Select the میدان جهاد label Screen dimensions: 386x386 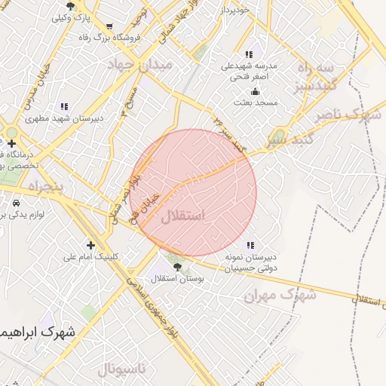(141, 65)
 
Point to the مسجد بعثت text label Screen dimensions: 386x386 (256, 102)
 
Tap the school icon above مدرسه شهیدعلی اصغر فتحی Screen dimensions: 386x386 (249, 54)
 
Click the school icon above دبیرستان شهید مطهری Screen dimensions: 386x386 (64, 106)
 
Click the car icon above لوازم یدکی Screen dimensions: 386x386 (17, 203)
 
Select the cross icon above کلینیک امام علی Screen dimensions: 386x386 (91, 244)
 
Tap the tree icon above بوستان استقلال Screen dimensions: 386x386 (177, 266)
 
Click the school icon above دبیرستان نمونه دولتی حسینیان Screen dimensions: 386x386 (250, 244)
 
